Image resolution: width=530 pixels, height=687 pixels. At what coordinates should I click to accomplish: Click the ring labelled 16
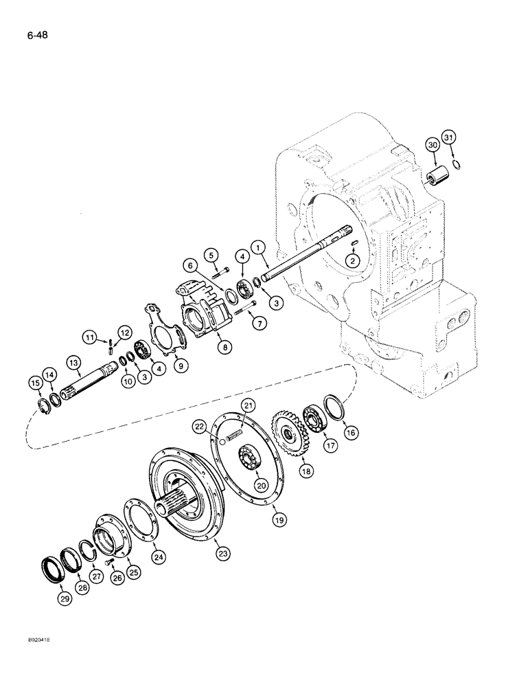coord(334,407)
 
